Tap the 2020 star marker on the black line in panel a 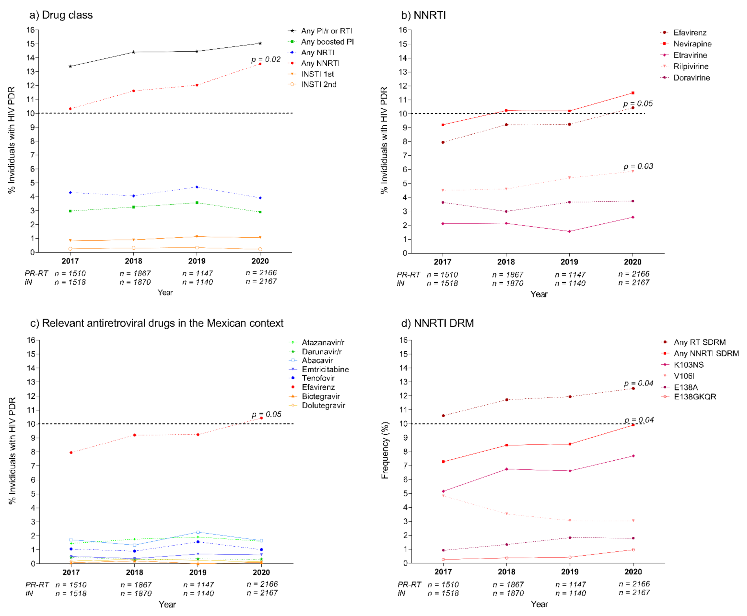click(260, 43)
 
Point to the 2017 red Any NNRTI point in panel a click(70, 109)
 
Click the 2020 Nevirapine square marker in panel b click(633, 93)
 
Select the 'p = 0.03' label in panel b click(638, 166)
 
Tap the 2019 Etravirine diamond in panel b click(569, 231)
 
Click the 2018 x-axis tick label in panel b click(506, 262)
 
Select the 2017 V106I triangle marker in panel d click(443, 496)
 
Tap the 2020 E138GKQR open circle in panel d click(633, 550)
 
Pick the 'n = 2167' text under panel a click(261, 281)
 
